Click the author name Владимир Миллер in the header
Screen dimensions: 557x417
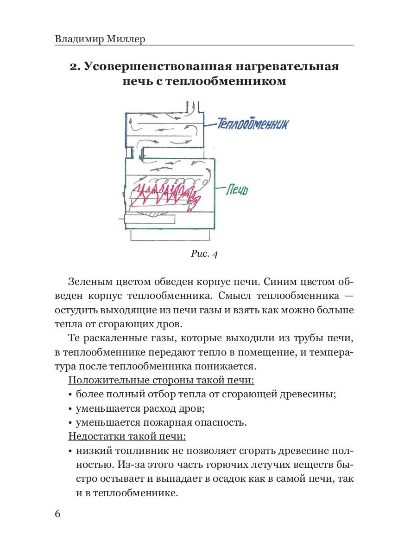100,39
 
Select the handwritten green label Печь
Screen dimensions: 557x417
238,189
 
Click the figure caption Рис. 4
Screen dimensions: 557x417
204,253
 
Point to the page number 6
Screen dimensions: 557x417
57,514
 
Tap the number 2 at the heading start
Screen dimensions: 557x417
73,67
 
